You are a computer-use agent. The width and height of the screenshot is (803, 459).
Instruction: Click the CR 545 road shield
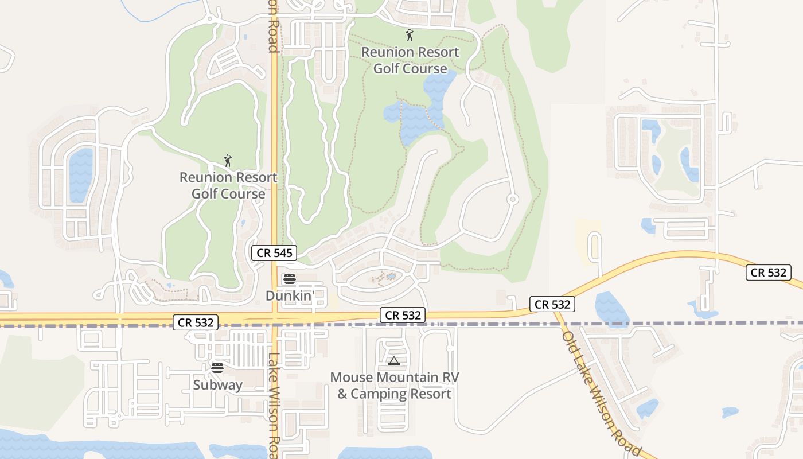[274, 252]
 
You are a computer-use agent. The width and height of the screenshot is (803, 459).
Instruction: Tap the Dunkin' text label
[290, 295]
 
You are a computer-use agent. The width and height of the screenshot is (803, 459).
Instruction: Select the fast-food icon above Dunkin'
[290, 279]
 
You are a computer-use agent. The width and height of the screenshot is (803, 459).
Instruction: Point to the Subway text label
[217, 384]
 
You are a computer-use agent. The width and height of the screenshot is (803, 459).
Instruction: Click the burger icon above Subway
[217, 367]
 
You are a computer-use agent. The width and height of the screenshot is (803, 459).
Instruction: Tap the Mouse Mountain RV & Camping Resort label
[395, 386]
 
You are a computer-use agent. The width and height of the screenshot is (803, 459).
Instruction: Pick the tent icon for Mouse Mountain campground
[393, 361]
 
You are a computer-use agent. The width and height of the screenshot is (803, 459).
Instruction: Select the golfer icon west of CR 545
[228, 161]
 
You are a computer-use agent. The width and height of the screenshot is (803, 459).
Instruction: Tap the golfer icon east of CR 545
[410, 35]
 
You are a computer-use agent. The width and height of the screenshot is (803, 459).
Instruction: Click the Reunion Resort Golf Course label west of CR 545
[228, 185]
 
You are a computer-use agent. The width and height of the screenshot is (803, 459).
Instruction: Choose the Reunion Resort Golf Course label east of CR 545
[410, 60]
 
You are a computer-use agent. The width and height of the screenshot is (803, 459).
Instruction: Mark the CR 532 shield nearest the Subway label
[196, 322]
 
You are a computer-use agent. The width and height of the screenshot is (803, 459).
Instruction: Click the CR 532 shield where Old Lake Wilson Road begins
[552, 304]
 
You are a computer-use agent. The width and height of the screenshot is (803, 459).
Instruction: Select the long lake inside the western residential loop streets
[81, 175]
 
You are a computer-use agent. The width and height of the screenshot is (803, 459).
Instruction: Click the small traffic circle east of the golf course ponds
[513, 199]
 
